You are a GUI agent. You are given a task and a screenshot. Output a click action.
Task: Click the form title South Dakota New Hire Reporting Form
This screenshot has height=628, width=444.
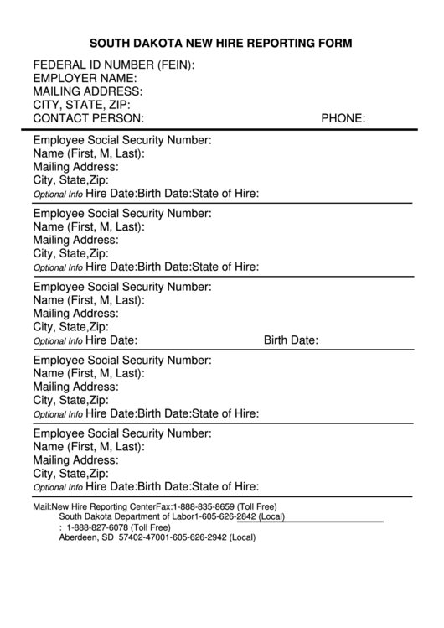click(x=221, y=43)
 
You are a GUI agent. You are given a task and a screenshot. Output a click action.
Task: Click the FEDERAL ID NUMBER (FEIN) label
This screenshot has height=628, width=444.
click(x=114, y=65)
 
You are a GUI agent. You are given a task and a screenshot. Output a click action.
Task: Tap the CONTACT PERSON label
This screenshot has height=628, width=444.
click(x=88, y=118)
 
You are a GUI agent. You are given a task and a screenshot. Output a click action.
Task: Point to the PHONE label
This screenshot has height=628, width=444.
click(x=343, y=118)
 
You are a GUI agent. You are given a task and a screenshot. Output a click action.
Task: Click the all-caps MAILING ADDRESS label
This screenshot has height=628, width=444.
click(x=87, y=91)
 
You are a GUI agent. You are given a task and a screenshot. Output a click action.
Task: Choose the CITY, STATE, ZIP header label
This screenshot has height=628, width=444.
click(x=81, y=105)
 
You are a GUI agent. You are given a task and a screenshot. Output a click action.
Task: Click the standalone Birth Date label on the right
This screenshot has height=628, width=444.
click(x=291, y=340)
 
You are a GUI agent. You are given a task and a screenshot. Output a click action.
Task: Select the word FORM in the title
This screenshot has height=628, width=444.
click(x=334, y=43)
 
